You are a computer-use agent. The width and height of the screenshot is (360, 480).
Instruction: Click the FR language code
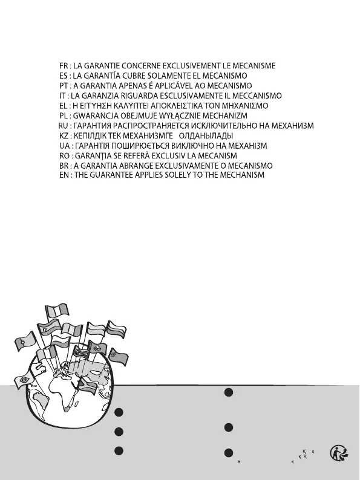[63, 66]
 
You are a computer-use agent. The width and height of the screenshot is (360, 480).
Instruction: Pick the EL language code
[63, 106]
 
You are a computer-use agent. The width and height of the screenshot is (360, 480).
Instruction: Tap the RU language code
[63, 126]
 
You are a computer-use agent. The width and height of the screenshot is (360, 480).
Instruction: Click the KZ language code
[64, 136]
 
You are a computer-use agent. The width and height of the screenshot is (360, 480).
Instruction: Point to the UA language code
[64, 146]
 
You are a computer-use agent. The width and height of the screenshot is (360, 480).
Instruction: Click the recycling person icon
[339, 453]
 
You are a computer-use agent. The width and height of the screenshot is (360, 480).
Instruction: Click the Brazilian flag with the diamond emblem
[23, 380]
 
